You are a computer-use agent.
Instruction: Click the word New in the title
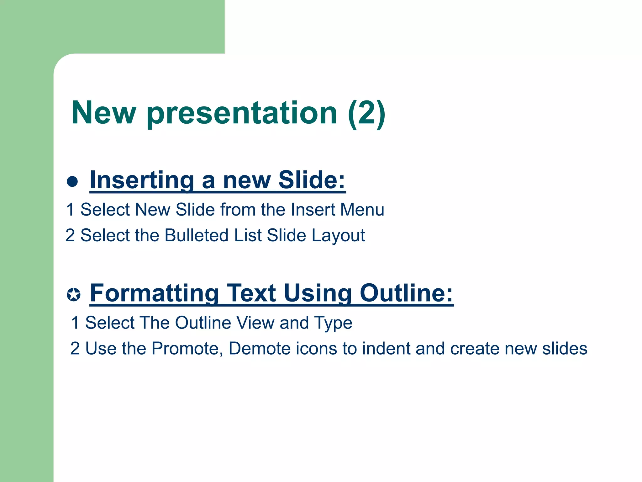tap(104, 113)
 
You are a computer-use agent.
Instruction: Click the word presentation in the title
tap(242, 114)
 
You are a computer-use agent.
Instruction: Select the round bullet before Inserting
tap(72, 181)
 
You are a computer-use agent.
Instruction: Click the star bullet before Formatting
tap(74, 295)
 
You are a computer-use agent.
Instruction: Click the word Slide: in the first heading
tap(312, 180)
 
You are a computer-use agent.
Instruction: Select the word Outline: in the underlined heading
tap(406, 293)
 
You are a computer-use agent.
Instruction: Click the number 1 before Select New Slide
tap(70, 210)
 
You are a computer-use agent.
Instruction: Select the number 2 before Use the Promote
tap(75, 349)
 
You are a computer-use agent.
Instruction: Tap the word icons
tap(316, 349)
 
